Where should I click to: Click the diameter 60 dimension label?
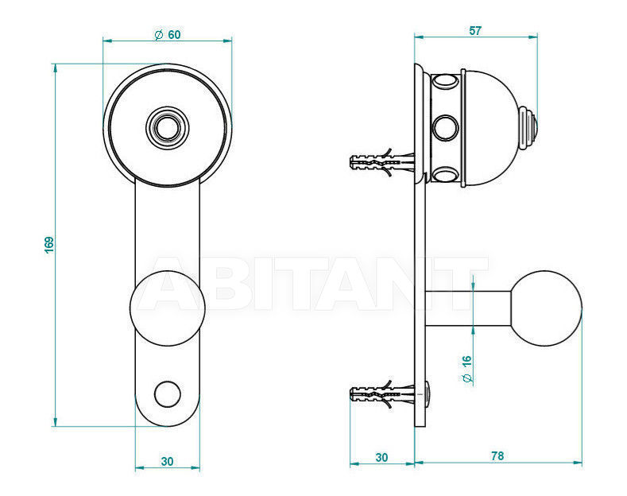(x=168, y=35)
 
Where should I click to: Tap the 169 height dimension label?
(x=48, y=245)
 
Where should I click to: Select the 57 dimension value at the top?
(x=475, y=31)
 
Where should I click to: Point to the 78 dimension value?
(x=497, y=455)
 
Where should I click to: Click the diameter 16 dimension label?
(x=466, y=369)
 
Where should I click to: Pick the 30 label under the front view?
(x=167, y=461)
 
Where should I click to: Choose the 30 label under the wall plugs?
(x=382, y=457)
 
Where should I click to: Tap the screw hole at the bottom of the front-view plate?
(x=168, y=394)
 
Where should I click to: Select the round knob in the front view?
(x=168, y=308)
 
